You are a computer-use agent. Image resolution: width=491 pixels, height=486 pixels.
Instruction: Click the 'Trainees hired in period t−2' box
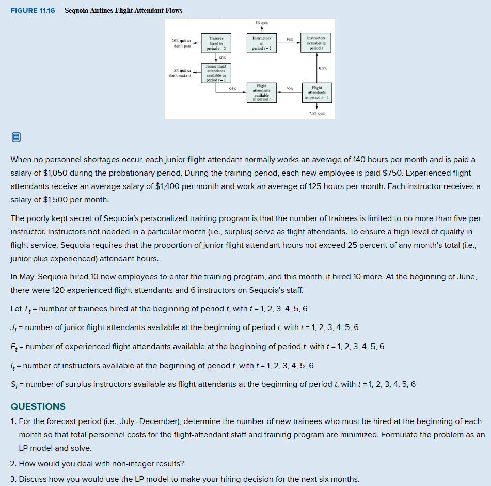coord(215,43)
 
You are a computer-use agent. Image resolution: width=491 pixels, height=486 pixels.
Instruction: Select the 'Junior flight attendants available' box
coord(215,73)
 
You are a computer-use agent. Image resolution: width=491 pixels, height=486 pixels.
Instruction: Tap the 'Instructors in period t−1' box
coord(262,43)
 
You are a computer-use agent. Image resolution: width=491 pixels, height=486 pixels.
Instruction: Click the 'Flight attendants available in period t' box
coord(262,93)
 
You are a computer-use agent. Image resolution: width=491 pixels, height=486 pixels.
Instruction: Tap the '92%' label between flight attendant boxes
coord(290,89)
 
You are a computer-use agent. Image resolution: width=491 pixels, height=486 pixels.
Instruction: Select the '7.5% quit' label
coord(317,112)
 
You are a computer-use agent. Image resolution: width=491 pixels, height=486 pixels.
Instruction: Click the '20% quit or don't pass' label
coord(181,43)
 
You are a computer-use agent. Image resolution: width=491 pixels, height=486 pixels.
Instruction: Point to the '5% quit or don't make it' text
coord(180,73)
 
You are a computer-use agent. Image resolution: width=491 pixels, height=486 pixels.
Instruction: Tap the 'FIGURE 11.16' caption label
coord(33,11)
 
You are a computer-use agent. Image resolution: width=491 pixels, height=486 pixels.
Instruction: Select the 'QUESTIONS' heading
coord(38,406)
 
